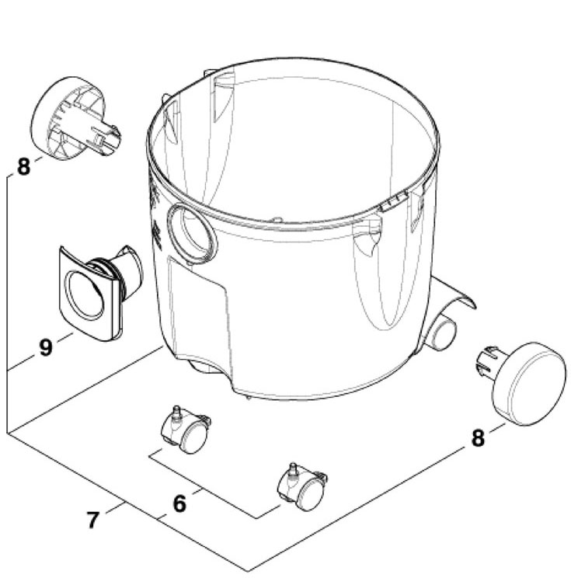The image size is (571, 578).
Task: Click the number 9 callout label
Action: click(x=46, y=347)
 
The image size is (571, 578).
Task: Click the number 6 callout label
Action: click(x=179, y=503)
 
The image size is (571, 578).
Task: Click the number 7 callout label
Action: click(x=94, y=519)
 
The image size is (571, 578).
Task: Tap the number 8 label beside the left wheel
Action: click(x=24, y=166)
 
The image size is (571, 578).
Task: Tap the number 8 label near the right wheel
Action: click(x=478, y=437)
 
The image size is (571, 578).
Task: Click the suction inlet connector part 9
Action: click(x=97, y=289)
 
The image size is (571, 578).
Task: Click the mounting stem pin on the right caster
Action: click(x=293, y=468)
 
